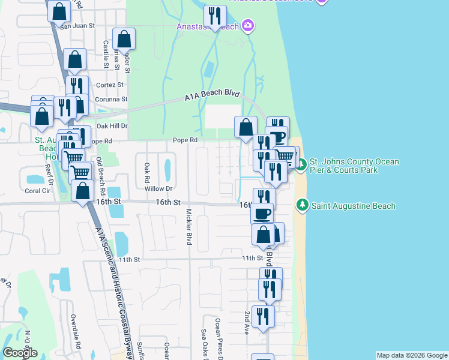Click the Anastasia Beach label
pos(207,26)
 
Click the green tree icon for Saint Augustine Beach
pos(303,206)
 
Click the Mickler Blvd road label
pos(188,227)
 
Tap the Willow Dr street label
pos(158,188)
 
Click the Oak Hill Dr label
pos(112,126)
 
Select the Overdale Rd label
pos(76,331)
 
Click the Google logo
pos(20,353)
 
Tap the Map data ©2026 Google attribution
pos(411,355)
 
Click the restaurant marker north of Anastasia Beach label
pos(215,16)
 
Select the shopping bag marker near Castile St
pos(123,39)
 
